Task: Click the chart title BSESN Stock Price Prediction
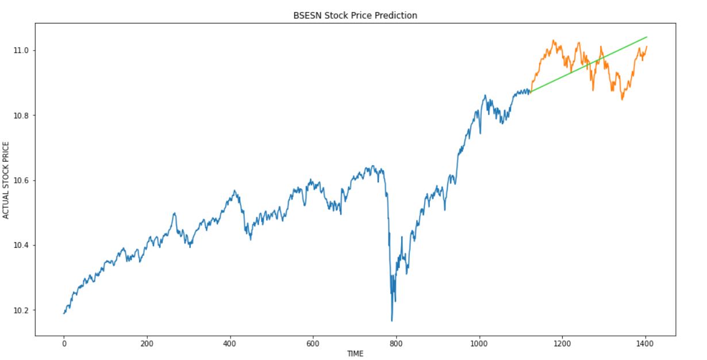coord(355,16)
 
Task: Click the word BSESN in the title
coord(306,16)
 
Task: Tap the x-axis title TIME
coord(355,354)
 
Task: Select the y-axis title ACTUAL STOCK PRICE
coord(6,179)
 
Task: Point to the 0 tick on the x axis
coord(64,344)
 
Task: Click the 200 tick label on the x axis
coord(147,344)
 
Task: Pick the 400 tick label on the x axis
coord(230,344)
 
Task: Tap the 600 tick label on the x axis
coord(313,344)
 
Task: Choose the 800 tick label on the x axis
coord(396,344)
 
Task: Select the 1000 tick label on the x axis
coord(479,344)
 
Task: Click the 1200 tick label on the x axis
coord(562,344)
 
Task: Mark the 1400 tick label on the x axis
coord(645,344)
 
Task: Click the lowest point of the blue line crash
coord(392,321)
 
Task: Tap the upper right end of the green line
coord(647,37)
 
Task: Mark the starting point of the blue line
coord(64,313)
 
